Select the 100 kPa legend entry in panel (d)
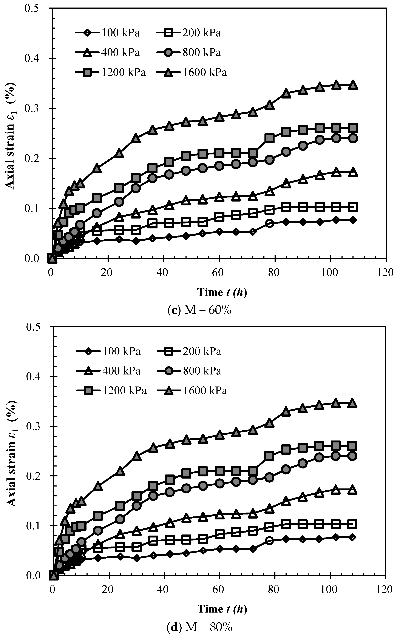pos(109,351)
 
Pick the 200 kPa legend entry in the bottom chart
pos(189,351)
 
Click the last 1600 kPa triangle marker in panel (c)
pos(353,85)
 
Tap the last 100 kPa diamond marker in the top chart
pos(353,220)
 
